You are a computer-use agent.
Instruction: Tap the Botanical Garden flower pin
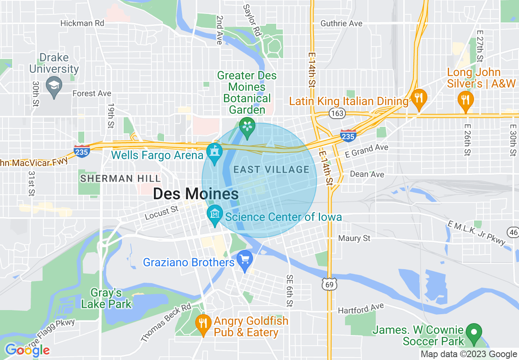(247, 127)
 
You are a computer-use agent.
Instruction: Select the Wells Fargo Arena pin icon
(214, 153)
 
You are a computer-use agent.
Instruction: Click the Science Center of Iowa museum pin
(214, 214)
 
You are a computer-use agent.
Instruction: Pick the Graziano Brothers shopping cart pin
(245, 260)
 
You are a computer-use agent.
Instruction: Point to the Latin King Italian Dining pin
(418, 98)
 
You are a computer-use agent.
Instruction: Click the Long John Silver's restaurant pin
(465, 100)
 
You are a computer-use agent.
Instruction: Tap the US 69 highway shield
(330, 283)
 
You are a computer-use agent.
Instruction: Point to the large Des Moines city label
(196, 194)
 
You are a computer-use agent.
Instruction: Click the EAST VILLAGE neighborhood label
(271, 169)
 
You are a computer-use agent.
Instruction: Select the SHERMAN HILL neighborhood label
(121, 178)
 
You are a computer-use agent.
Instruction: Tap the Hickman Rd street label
(82, 23)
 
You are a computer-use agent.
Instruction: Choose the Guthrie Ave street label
(341, 24)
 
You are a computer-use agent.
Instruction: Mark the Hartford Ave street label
(361, 308)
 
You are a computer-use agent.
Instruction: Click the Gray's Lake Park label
(106, 298)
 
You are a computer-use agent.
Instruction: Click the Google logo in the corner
(27, 350)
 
